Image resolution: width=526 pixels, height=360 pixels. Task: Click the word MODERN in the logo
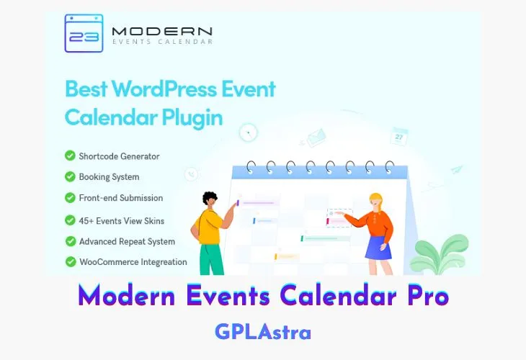click(x=162, y=30)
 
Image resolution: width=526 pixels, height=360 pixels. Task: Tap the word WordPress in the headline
click(x=165, y=90)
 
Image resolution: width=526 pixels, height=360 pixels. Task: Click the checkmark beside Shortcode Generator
click(x=70, y=156)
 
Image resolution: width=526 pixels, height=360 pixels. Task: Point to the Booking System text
click(x=109, y=176)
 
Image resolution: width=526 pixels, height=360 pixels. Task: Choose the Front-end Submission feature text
click(x=121, y=198)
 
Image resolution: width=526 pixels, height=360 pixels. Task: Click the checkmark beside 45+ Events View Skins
click(x=70, y=220)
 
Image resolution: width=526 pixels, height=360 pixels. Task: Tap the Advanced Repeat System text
click(x=127, y=241)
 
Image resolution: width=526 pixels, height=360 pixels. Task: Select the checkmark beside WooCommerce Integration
click(x=70, y=262)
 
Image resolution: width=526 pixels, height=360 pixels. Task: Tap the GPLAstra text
click(x=263, y=332)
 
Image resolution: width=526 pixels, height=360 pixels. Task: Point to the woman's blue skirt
click(x=378, y=246)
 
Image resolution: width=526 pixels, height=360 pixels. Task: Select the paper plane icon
click(x=455, y=169)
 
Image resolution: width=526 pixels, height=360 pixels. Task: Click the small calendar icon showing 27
click(x=400, y=135)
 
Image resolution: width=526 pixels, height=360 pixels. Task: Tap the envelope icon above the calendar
click(x=316, y=136)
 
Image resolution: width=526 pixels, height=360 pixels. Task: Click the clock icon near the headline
click(x=249, y=132)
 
